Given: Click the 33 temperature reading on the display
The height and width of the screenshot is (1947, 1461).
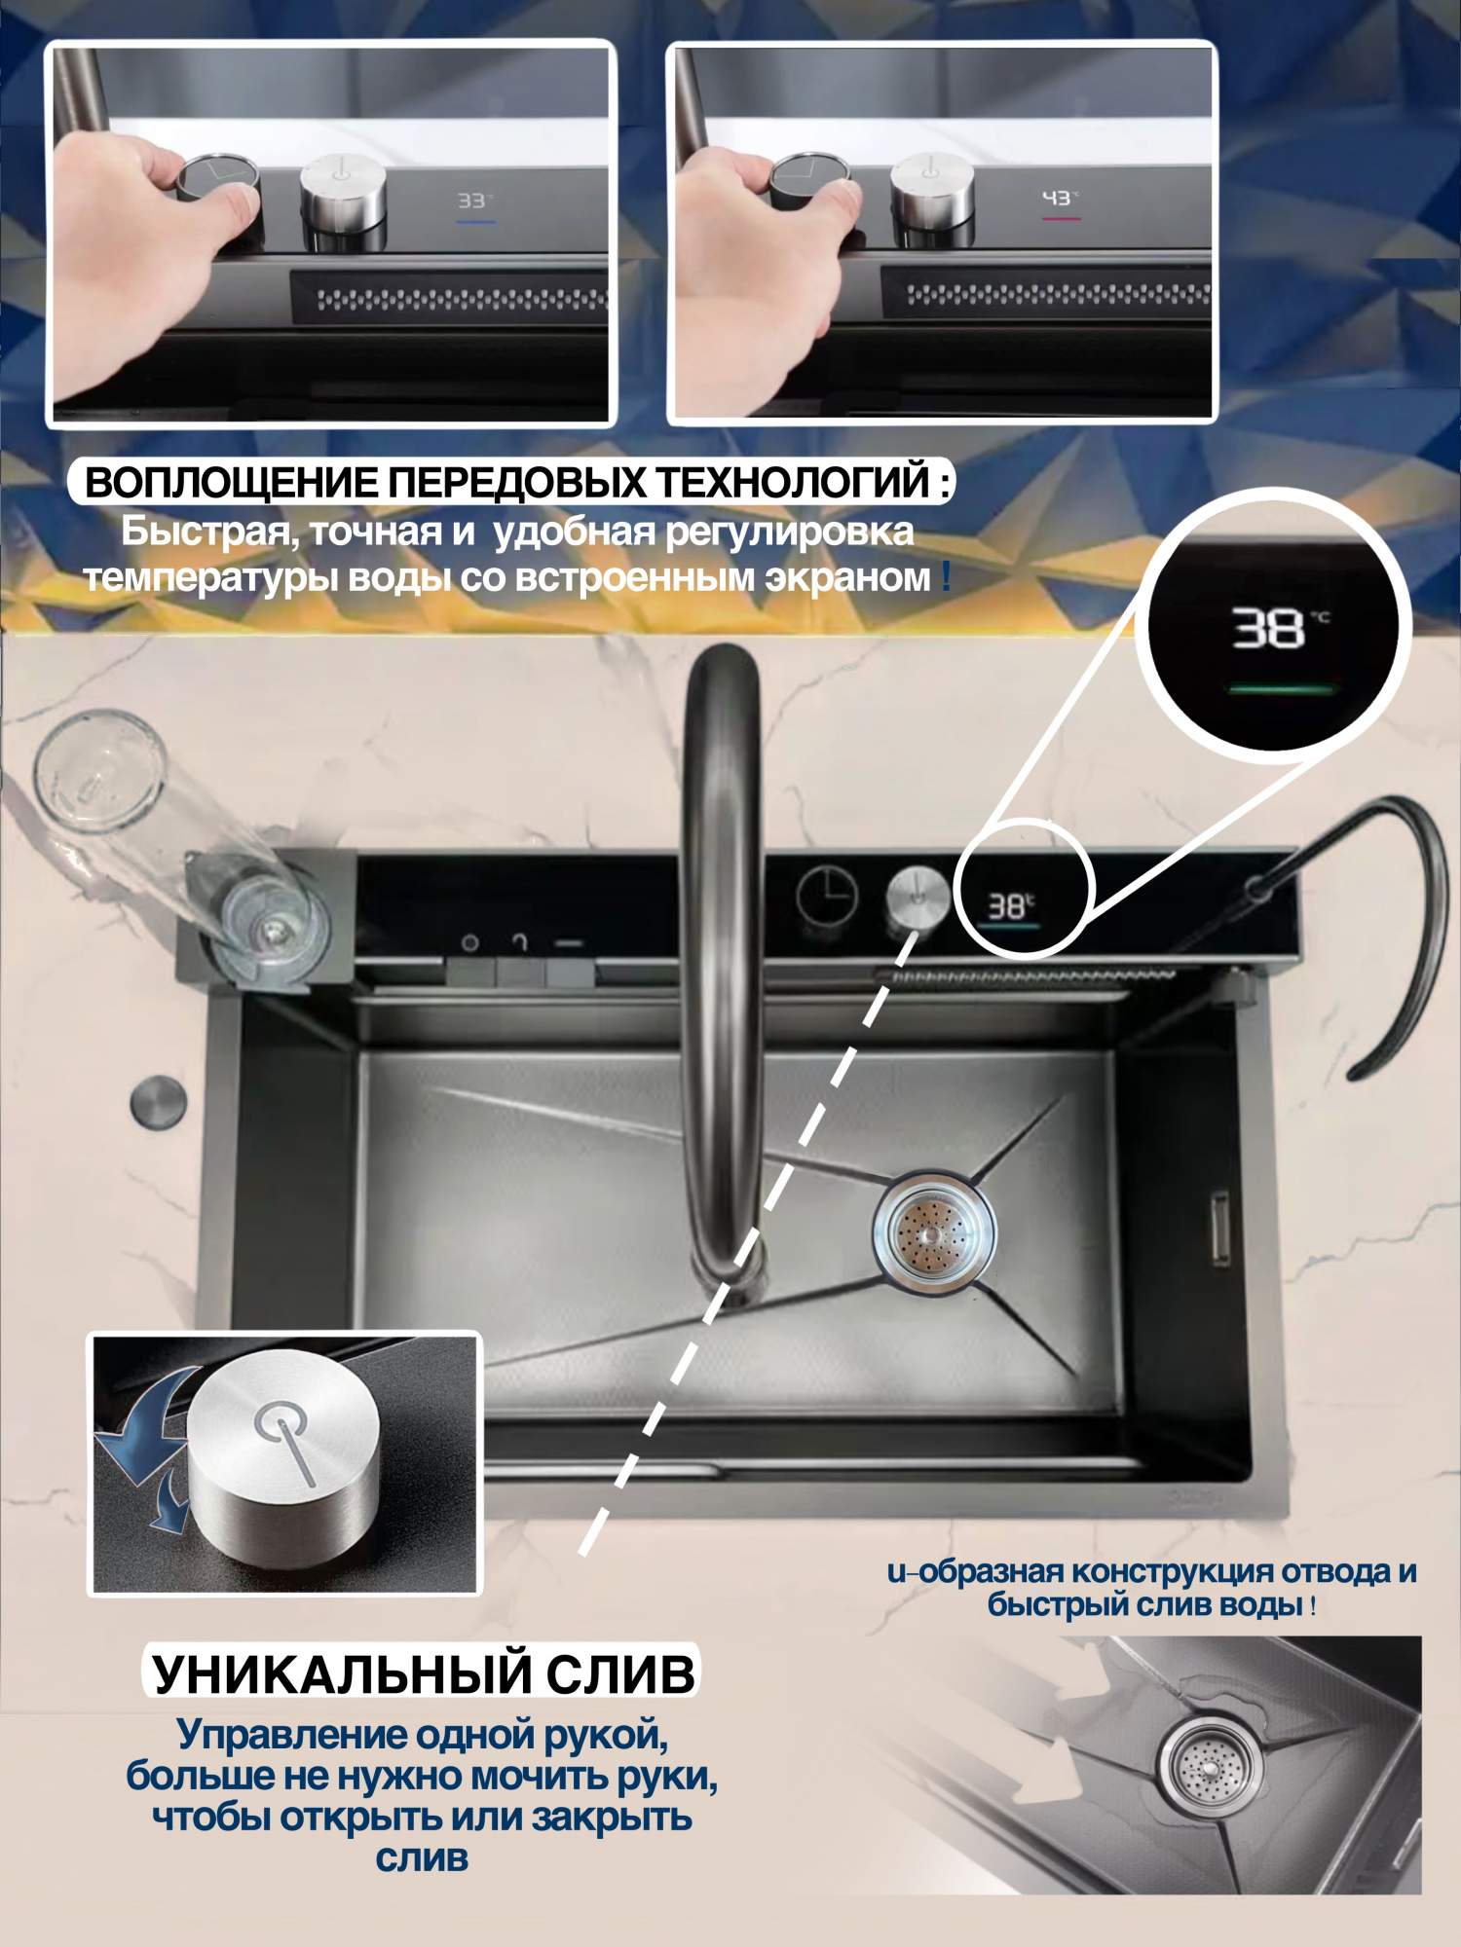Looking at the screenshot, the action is [472, 201].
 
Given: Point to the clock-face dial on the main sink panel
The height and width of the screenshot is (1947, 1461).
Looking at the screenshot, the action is [828, 894].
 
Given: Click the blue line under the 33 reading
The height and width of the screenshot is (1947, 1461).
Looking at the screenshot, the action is [475, 223].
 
